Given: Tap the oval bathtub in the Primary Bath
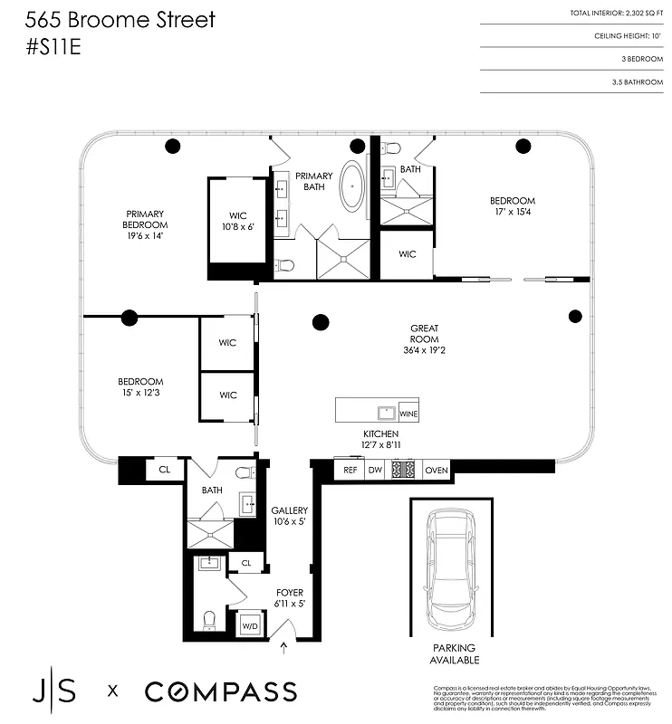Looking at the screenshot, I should coord(351,186).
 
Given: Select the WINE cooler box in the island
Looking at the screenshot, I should coord(408,412).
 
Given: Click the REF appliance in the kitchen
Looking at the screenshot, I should coord(349,470).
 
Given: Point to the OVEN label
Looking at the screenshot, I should coord(437,470).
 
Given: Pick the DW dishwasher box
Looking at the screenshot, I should coord(375,470).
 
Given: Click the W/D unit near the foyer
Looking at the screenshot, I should coord(248,624).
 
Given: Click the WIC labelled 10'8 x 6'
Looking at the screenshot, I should coord(237,221).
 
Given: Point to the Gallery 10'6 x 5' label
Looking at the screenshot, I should coord(290,516).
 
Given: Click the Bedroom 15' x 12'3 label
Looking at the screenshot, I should coord(139,386).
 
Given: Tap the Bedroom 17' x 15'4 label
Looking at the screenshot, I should coord(513,206).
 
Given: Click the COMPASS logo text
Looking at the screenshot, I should coord(220,692).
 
